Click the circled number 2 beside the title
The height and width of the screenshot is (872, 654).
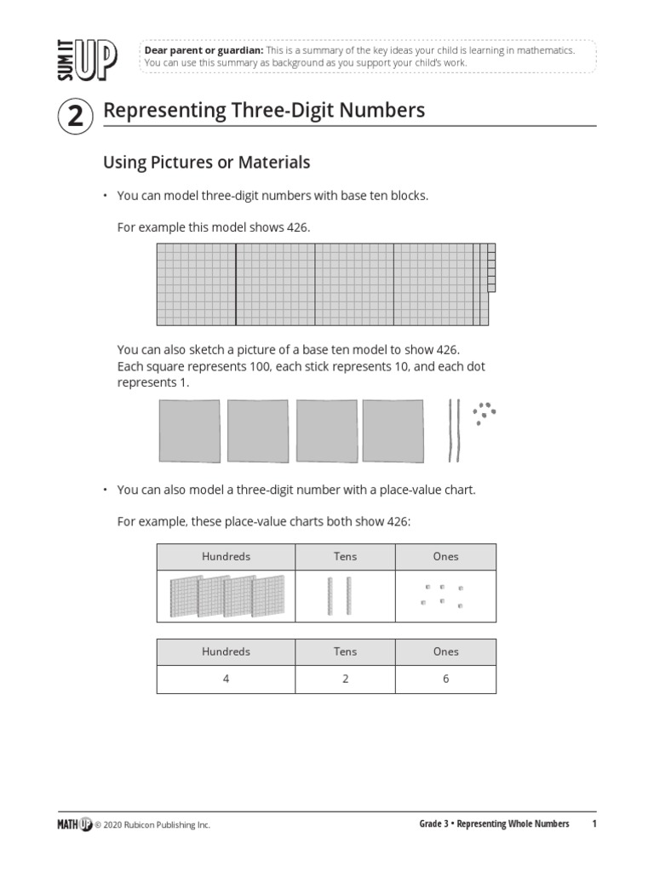pyautogui.click(x=75, y=117)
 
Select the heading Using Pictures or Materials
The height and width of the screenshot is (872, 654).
pyautogui.click(x=206, y=162)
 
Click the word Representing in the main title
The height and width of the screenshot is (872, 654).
pyautogui.click(x=159, y=111)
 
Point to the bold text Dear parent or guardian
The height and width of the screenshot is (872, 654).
pyautogui.click(x=197, y=50)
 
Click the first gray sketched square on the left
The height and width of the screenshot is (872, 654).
pyautogui.click(x=189, y=431)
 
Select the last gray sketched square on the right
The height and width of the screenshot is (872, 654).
pyautogui.click(x=393, y=431)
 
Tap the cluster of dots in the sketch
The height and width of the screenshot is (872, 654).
pyautogui.click(x=484, y=412)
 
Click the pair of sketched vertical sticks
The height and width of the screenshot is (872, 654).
pyautogui.click(x=455, y=431)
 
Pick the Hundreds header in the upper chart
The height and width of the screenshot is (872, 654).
pyautogui.click(x=226, y=557)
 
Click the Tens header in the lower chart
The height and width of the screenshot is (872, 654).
pyautogui.click(x=345, y=651)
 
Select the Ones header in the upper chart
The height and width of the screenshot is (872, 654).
pyautogui.click(x=445, y=557)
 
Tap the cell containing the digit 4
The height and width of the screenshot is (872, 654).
pyautogui.click(x=226, y=680)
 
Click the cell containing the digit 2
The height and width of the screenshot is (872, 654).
pyautogui.click(x=345, y=680)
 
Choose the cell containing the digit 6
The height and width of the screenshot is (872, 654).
pyautogui.click(x=445, y=680)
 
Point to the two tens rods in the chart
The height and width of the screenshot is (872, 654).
pyautogui.click(x=338, y=596)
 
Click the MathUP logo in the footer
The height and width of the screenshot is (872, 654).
pyautogui.click(x=74, y=824)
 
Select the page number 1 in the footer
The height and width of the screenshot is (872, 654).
pyautogui.click(x=594, y=824)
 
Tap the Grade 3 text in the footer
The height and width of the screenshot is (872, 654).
pyautogui.click(x=438, y=824)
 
